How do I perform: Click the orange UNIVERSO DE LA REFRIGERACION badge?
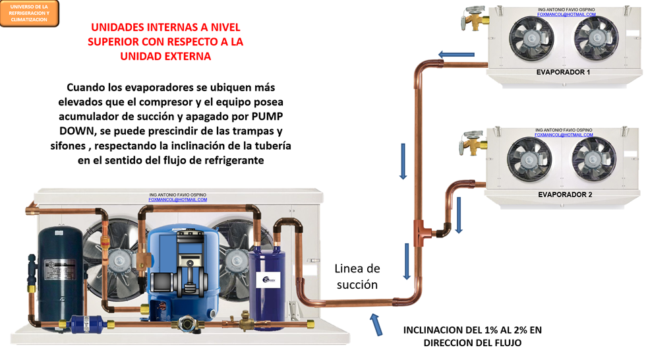[30, 13]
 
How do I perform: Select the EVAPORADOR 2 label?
[565, 195]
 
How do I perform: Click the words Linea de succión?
[357, 277]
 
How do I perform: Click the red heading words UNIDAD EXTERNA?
[165, 57]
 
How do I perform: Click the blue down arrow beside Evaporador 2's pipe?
[459, 216]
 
